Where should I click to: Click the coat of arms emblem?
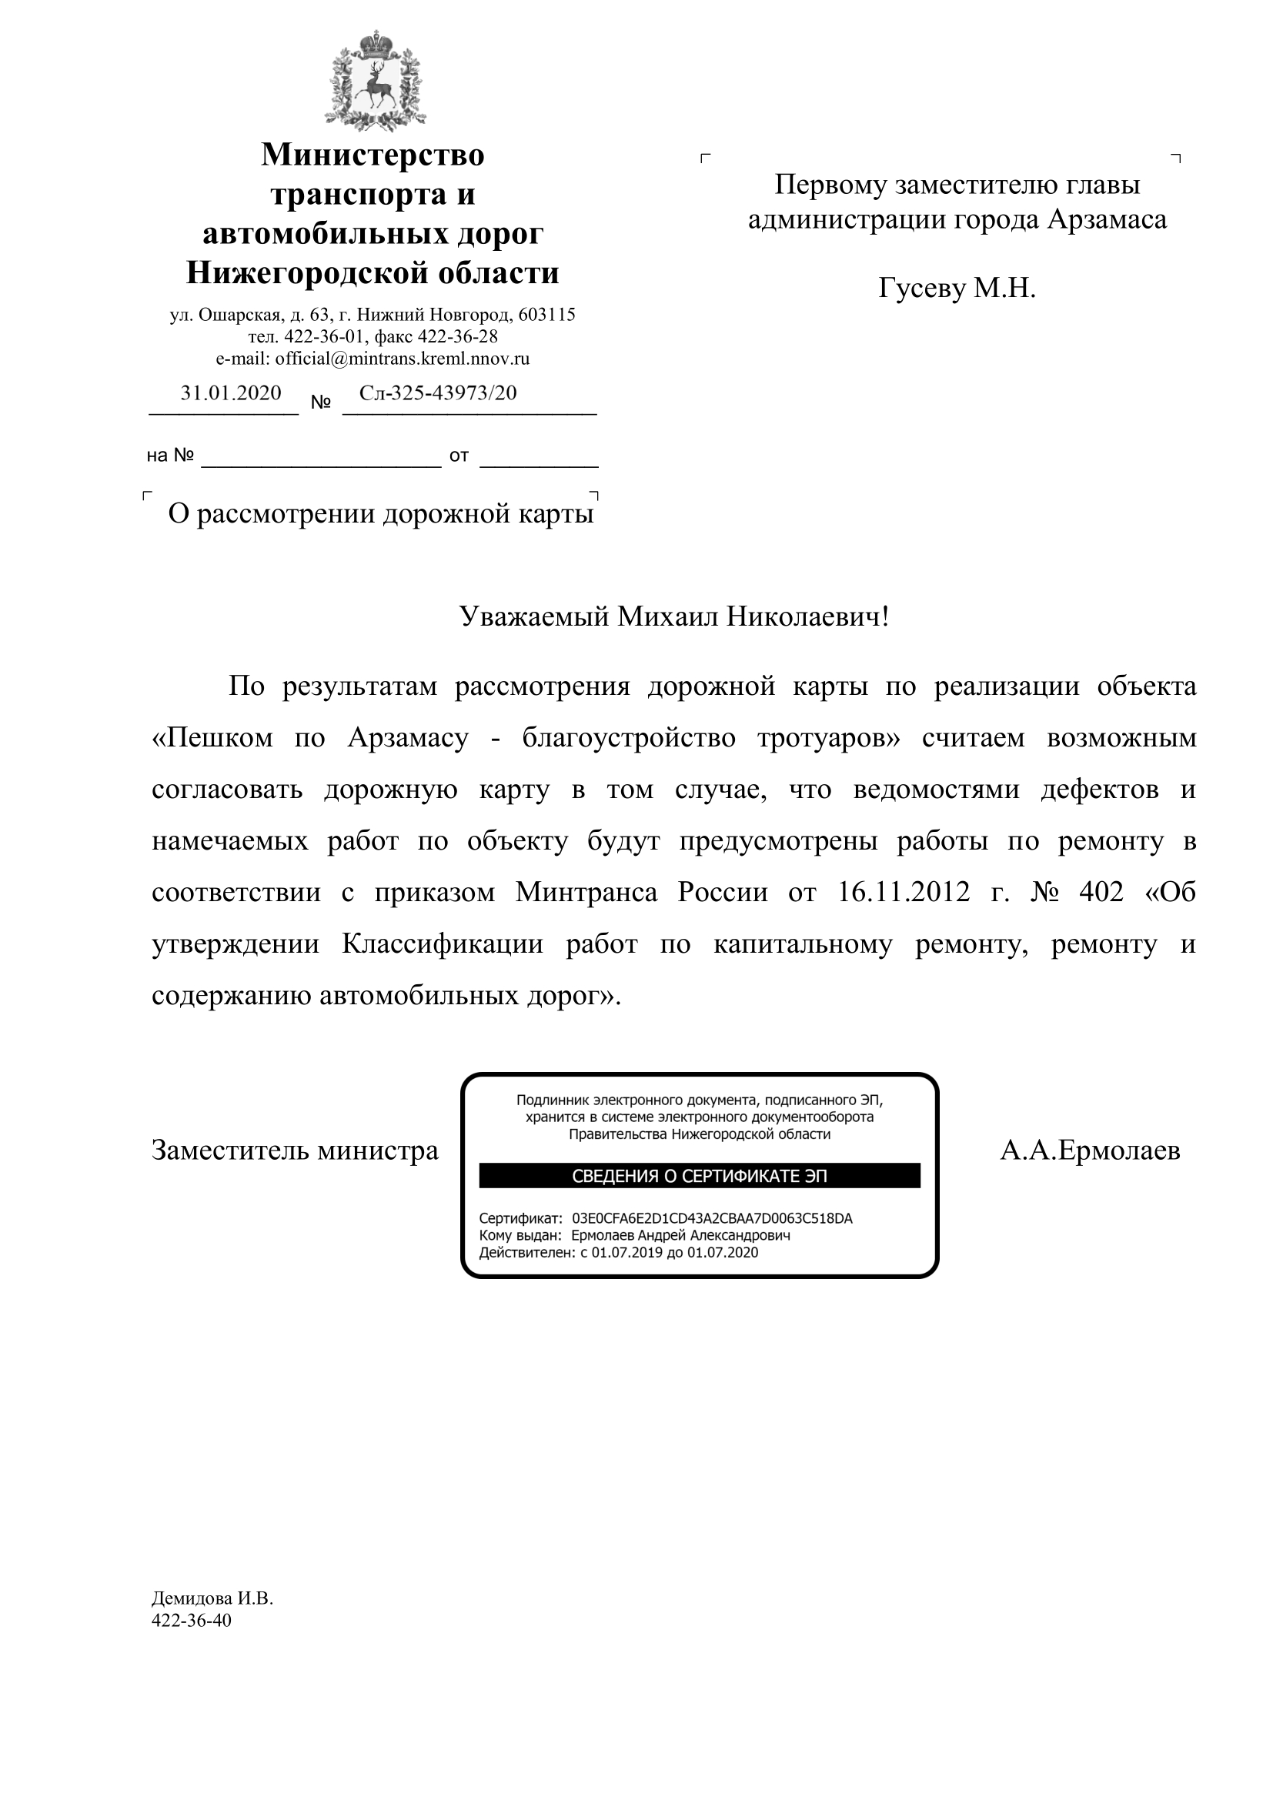374,81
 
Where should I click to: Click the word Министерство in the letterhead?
373,155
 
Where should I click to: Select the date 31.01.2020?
230,392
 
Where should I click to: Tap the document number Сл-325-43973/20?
438,392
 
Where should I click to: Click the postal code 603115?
547,316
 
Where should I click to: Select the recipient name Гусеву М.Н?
957,289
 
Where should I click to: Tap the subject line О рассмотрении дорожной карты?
381,514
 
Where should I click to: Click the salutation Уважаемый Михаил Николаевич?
674,617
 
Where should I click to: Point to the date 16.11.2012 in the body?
904,892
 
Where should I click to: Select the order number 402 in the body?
1101,892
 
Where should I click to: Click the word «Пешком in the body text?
212,738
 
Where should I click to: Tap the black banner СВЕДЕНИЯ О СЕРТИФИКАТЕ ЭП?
699,1176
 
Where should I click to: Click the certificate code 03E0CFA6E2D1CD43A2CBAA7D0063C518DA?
712,1218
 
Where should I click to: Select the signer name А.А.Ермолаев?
1090,1150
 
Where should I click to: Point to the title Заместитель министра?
295,1150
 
